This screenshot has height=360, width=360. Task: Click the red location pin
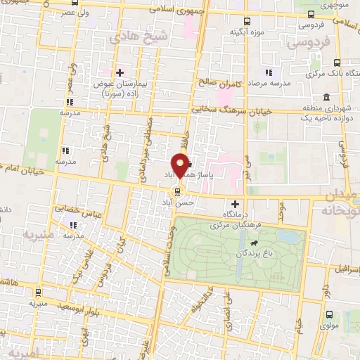(181, 165)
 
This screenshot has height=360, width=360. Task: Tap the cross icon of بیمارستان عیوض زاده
(120, 72)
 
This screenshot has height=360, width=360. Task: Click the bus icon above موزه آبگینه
(246, 22)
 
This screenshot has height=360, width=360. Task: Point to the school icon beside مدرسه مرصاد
(268, 72)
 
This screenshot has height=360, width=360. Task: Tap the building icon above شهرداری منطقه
(326, 96)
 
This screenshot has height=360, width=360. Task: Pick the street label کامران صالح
(219, 84)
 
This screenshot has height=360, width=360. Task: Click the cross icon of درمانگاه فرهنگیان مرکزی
(235, 204)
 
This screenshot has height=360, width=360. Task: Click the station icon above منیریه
(38, 292)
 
